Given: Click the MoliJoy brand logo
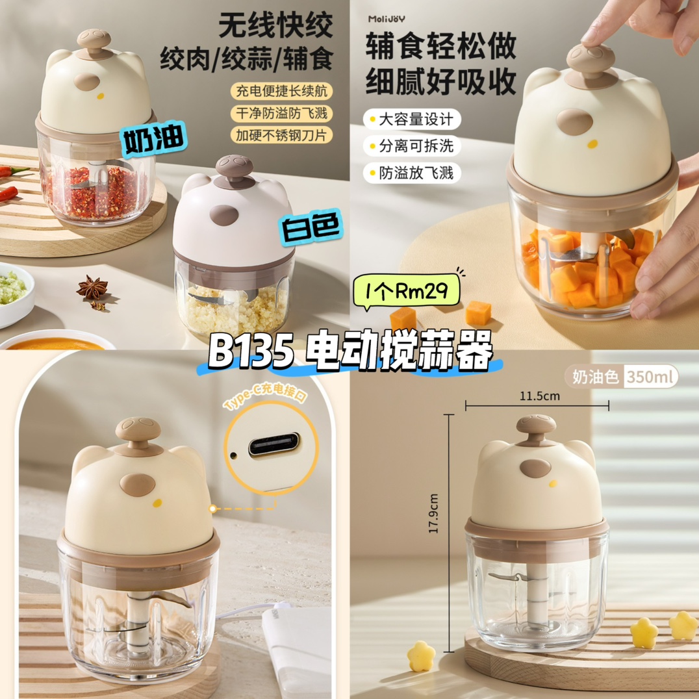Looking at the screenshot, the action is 387,19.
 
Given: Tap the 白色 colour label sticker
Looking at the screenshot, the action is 311,227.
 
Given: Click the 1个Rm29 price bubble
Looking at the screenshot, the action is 406,291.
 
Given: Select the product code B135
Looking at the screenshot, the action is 251,351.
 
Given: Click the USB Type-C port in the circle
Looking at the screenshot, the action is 273,445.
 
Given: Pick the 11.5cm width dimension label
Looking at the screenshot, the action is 539,396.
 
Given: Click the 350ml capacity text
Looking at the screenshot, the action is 650,377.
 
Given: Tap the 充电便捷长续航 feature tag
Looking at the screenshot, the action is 281,91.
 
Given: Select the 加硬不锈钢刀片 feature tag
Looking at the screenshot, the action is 281,135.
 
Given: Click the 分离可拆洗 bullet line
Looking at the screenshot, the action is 412,146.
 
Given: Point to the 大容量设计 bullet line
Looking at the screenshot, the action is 412,120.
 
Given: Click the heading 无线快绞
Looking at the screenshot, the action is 275,25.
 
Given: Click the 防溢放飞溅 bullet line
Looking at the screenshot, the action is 412,173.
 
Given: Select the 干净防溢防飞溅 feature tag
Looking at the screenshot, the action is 281,113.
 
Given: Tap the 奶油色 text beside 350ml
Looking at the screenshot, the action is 595,377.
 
